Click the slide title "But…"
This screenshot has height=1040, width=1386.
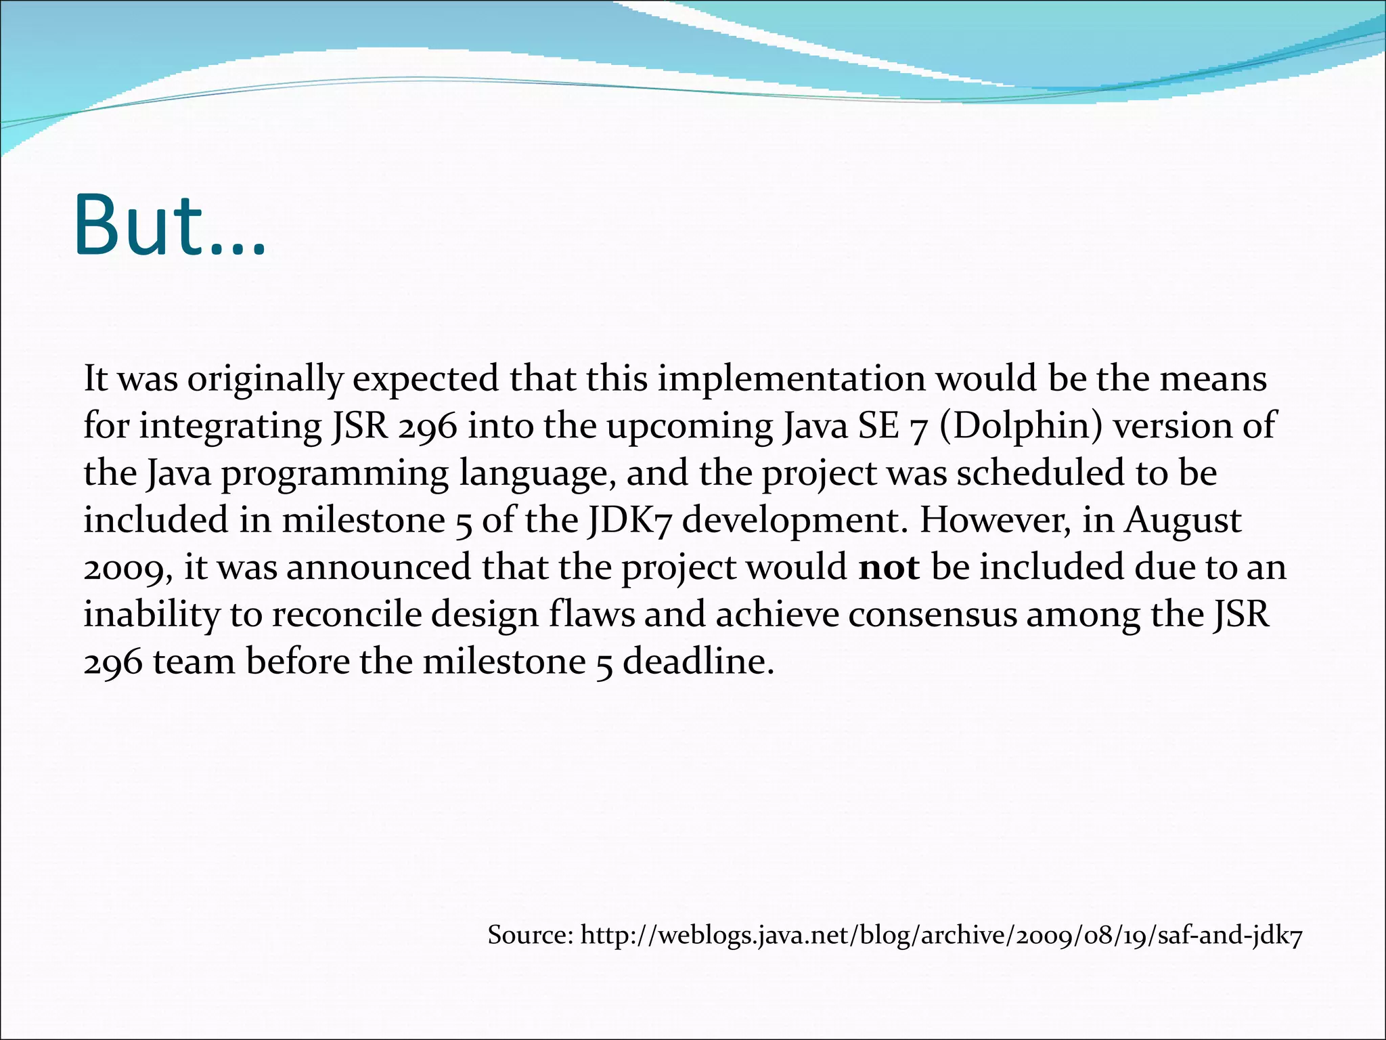169,225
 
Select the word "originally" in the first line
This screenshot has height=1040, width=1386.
265,379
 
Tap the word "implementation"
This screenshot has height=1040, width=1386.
791,379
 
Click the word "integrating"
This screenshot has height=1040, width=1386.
231,427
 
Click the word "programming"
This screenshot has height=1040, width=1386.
334,473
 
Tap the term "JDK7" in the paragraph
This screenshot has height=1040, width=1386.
629,521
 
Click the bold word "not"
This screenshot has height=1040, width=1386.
889,567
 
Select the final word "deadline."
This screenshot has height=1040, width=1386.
698,662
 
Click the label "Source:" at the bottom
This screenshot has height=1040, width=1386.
531,936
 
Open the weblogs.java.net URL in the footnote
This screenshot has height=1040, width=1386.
941,936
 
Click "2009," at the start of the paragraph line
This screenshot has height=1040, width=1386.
129,567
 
